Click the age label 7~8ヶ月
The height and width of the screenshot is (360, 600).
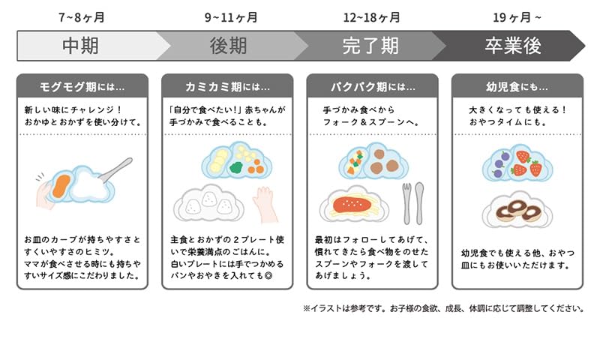(x=81, y=17)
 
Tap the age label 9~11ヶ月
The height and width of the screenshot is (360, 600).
(x=231, y=17)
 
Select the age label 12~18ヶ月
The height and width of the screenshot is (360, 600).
(x=371, y=17)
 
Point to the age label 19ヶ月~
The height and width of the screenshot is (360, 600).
(x=517, y=17)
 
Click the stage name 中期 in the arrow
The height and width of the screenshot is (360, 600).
(x=80, y=46)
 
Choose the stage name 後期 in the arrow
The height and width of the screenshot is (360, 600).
(x=228, y=46)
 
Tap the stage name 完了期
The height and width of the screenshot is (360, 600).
(x=370, y=46)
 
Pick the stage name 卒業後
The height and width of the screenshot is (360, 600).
(x=513, y=46)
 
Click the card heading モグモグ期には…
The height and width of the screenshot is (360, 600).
(x=82, y=87)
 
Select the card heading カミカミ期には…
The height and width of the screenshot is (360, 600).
(x=227, y=87)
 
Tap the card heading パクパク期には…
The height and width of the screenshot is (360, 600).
(x=373, y=87)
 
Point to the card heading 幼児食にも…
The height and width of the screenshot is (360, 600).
(x=517, y=87)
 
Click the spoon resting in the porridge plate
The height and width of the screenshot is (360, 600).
(x=116, y=169)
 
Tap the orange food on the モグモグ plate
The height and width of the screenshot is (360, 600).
(x=61, y=186)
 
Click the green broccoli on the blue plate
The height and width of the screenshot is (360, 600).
(x=236, y=167)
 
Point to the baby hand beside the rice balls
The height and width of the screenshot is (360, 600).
(x=266, y=204)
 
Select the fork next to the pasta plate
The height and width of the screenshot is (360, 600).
(x=406, y=203)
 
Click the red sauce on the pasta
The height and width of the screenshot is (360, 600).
(x=352, y=204)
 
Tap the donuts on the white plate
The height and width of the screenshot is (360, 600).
(x=518, y=211)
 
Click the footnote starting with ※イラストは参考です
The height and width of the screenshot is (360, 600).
(x=443, y=308)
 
